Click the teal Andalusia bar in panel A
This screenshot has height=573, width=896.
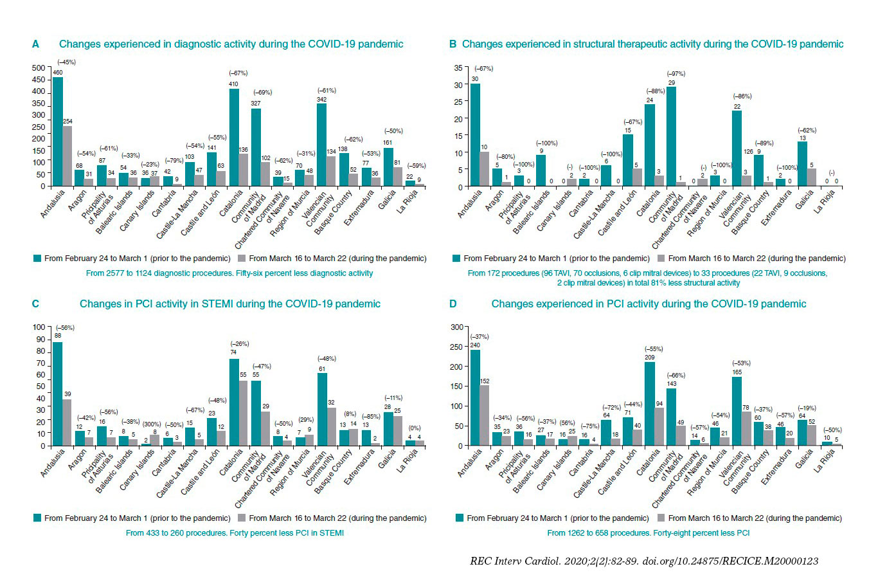(x=57, y=132)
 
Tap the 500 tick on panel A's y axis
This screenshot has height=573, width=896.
(x=39, y=68)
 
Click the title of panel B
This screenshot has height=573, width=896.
(x=652, y=44)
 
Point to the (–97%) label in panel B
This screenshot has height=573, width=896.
(x=676, y=74)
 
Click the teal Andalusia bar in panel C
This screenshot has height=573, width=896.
(x=57, y=394)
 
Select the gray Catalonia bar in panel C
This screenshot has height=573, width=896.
(x=244, y=413)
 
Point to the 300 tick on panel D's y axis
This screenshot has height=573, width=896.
(x=456, y=327)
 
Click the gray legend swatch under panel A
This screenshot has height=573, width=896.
(x=242, y=259)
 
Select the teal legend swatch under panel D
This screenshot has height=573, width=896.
(x=460, y=518)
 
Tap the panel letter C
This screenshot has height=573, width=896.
(x=35, y=304)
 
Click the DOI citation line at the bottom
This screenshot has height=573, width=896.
(x=644, y=561)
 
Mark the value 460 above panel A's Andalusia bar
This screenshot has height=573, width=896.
(x=57, y=73)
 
